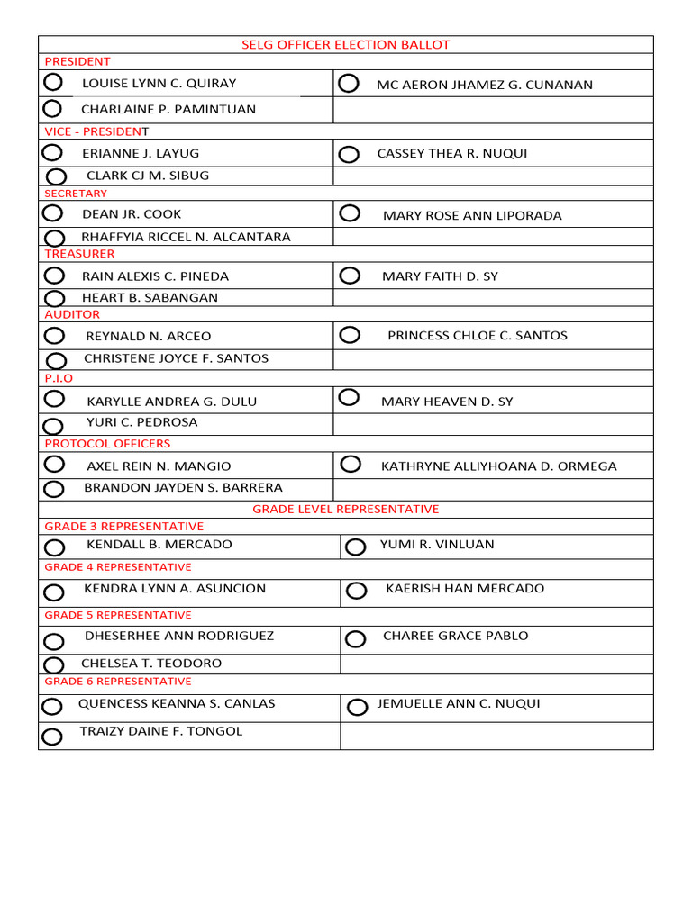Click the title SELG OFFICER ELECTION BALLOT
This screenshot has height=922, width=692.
(345, 44)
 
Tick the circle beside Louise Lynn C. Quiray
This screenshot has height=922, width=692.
(52, 83)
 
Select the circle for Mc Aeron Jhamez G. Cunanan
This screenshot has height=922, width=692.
(349, 84)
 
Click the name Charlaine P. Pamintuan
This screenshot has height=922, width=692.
(168, 109)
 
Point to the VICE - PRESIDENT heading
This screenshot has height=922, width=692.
(96, 131)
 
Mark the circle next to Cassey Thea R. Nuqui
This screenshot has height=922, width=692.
(349, 155)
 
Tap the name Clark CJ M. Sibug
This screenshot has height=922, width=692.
(147, 176)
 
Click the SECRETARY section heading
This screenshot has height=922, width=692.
(76, 194)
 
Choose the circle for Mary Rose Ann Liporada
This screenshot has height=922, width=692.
(350, 213)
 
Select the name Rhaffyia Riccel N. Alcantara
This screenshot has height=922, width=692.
(186, 237)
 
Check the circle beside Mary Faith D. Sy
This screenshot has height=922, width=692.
(350, 276)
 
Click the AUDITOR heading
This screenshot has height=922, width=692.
(72, 314)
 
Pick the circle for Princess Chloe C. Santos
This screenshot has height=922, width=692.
(350, 335)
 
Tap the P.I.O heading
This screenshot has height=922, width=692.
(59, 378)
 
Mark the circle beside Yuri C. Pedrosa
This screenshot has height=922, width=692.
(53, 426)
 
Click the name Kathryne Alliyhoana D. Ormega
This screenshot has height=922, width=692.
(498, 466)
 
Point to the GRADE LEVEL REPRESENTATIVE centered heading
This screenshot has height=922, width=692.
(345, 509)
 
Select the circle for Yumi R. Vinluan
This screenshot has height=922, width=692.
(356, 547)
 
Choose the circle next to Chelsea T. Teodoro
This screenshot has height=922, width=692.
(52, 665)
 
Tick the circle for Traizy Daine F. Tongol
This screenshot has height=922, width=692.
(52, 737)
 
